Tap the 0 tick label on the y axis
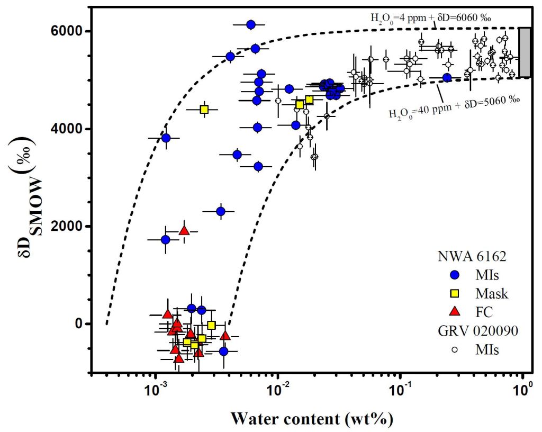(82, 323)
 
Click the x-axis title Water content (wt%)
(311, 419)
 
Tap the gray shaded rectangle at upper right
(525, 52)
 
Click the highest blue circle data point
(251, 24)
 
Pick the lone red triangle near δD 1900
(184, 231)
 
